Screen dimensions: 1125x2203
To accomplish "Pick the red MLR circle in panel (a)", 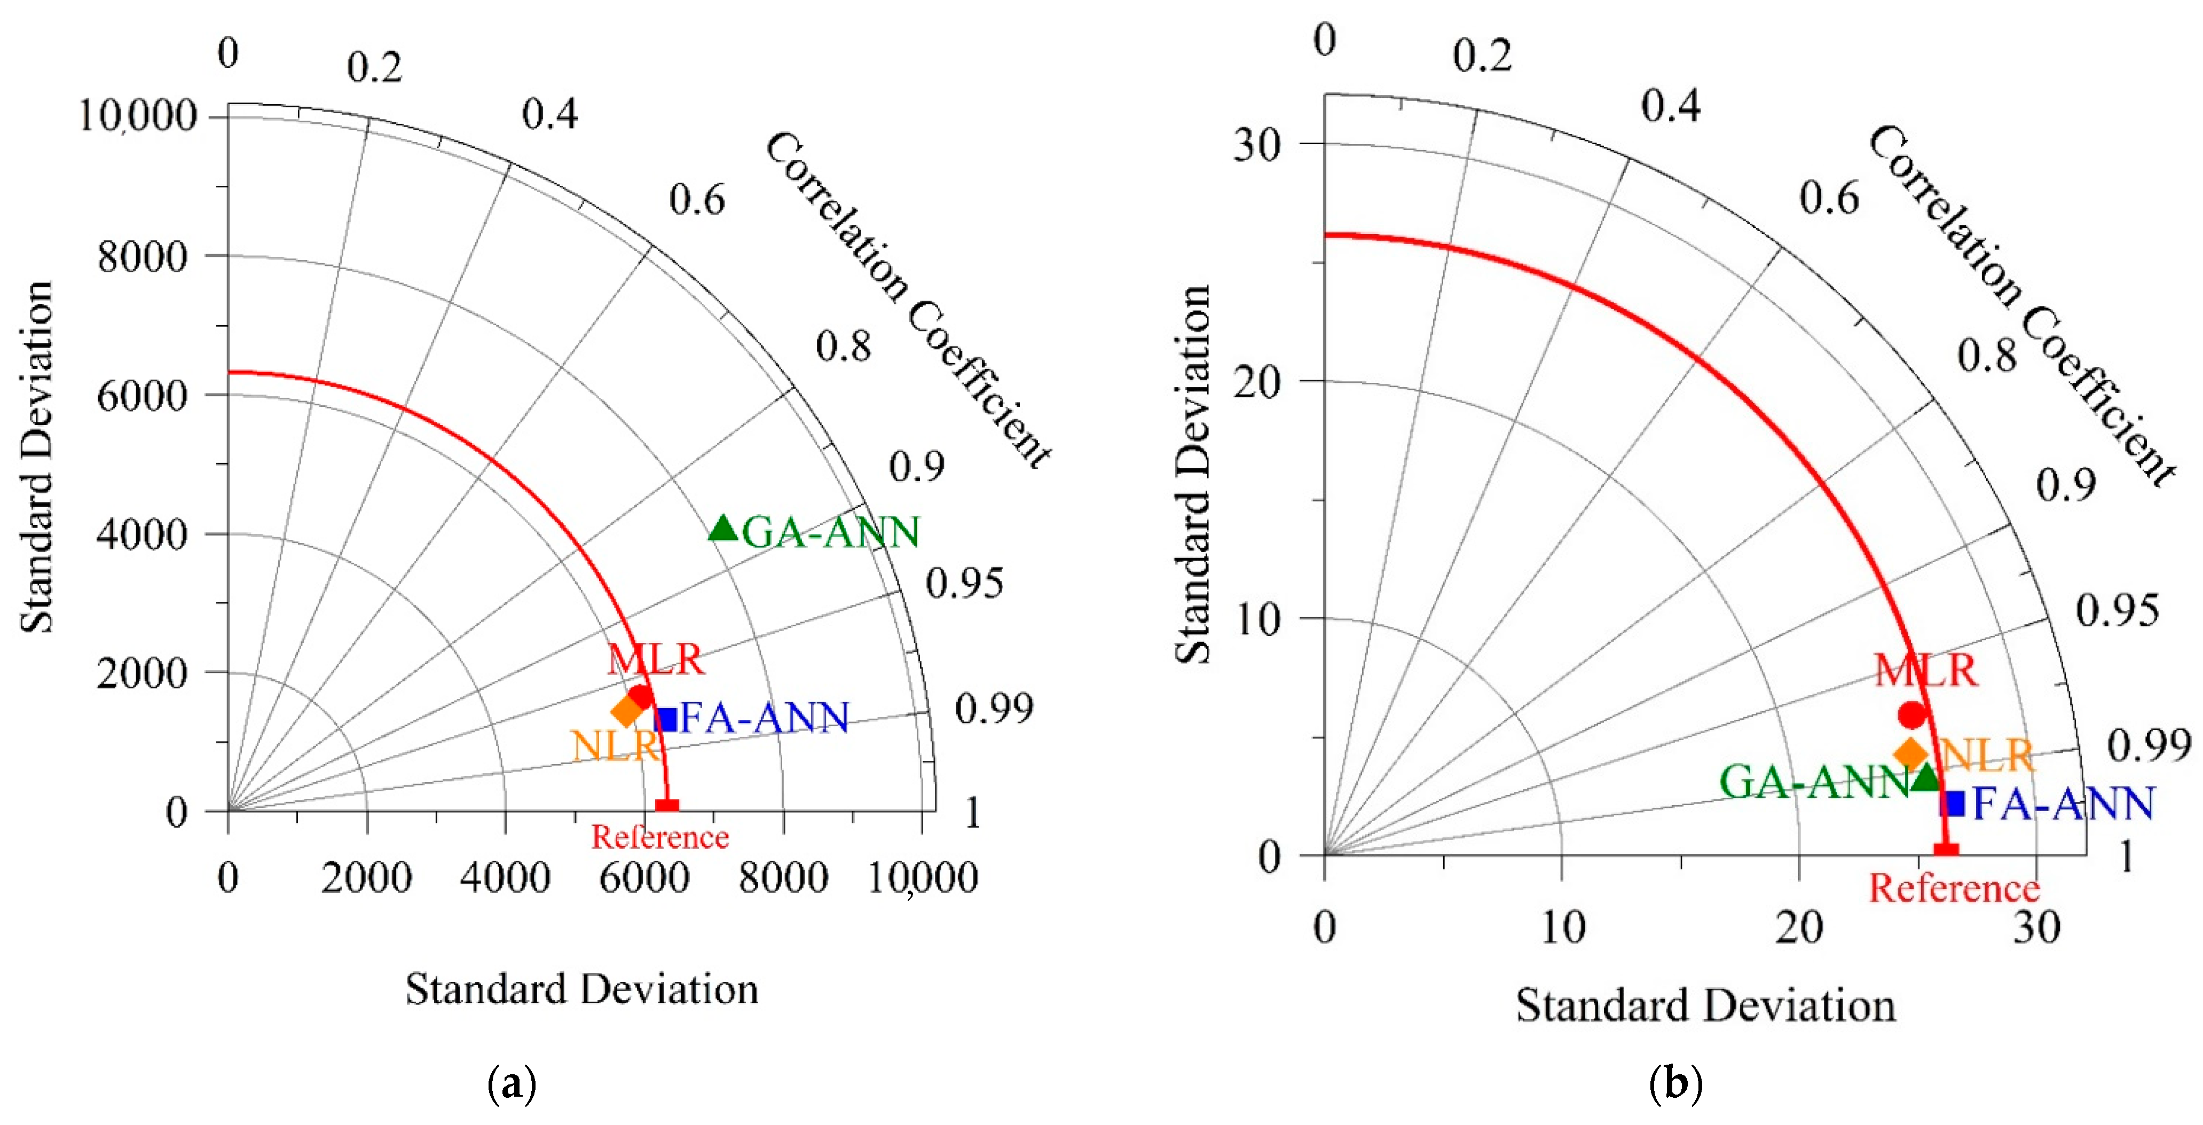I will [x=640, y=696].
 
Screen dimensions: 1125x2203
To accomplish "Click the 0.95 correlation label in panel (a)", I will [x=964, y=584].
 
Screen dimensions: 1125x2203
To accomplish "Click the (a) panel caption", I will [x=512, y=1085].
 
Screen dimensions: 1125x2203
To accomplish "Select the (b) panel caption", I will [x=1674, y=1085].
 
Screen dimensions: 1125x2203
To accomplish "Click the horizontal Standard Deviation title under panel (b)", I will [x=1706, y=1005].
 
